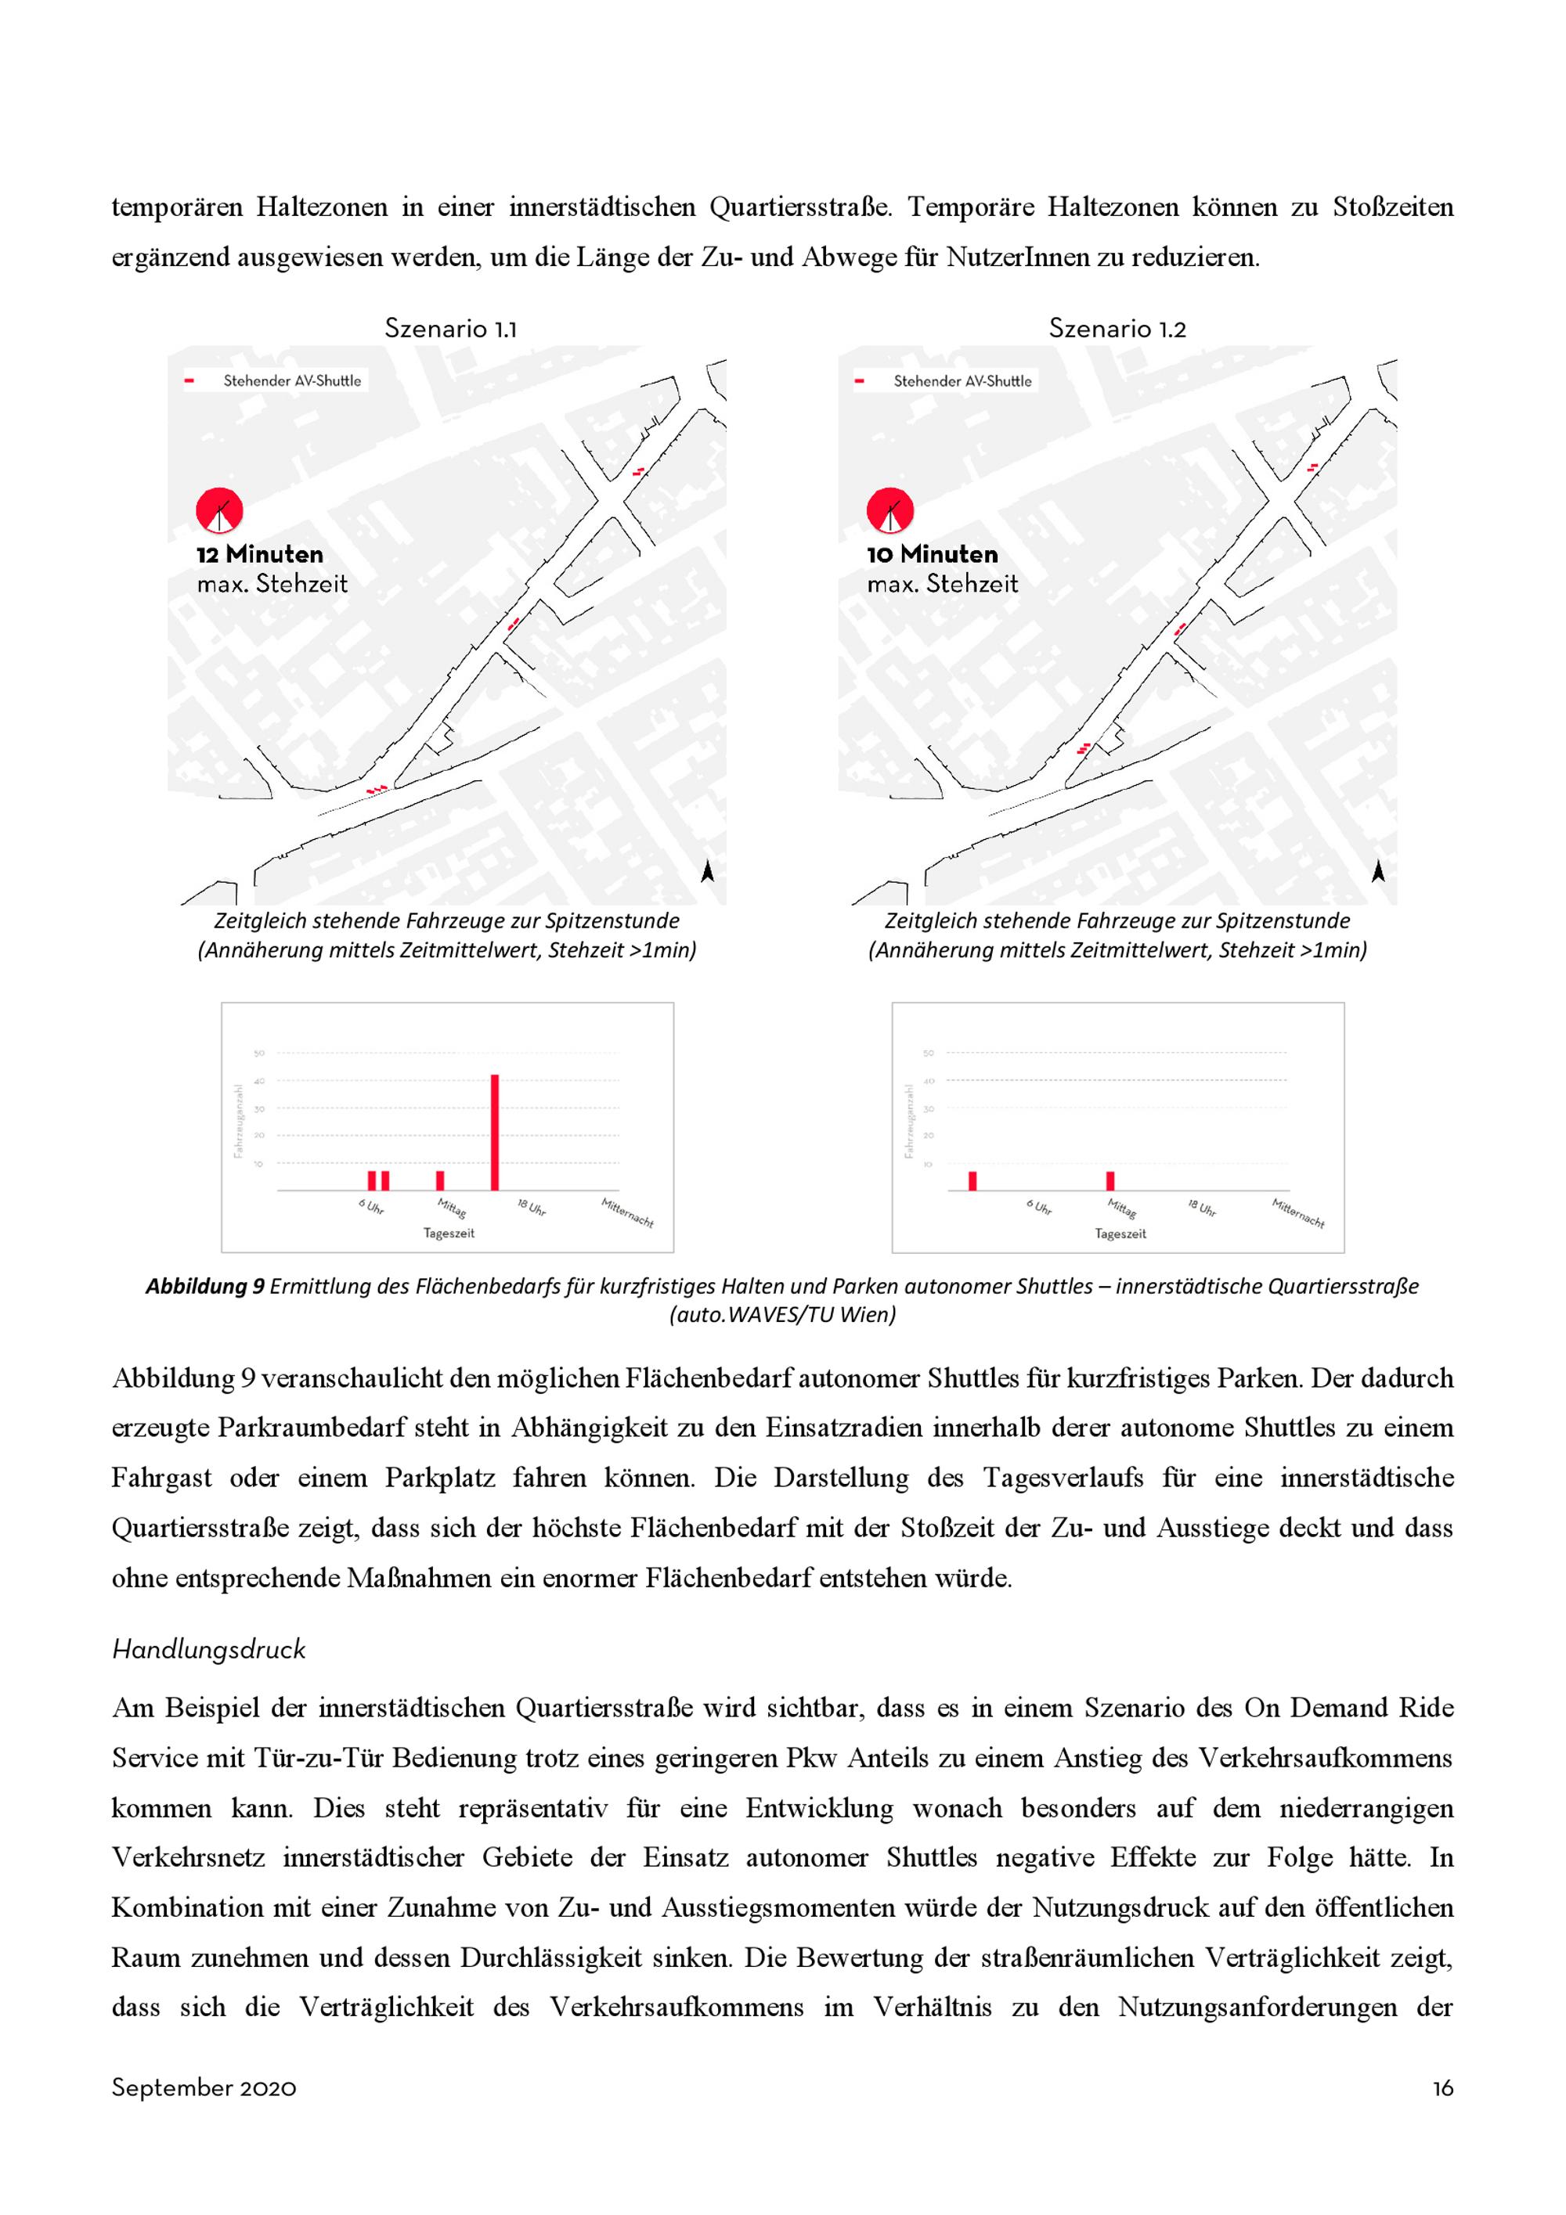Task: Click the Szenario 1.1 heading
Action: click(x=450, y=329)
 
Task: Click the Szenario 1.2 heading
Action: click(x=1117, y=329)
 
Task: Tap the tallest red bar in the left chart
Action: click(x=495, y=1133)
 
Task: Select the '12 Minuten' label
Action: click(x=259, y=555)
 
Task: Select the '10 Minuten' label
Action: click(x=931, y=555)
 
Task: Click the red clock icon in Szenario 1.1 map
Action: click(x=220, y=511)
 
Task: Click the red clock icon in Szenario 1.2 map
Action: click(x=889, y=511)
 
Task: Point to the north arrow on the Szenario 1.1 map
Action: click(x=707, y=871)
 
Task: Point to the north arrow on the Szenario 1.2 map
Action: click(x=1378, y=871)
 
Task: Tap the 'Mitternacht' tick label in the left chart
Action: click(x=627, y=1212)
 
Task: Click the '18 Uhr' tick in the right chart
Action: click(x=1201, y=1208)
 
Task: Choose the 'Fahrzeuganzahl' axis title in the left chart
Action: click(x=237, y=1121)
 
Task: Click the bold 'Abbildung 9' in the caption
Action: click(x=204, y=1286)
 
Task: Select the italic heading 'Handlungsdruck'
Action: click(x=208, y=1650)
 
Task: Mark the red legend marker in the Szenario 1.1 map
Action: click(x=189, y=381)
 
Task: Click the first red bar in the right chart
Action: click(x=972, y=1181)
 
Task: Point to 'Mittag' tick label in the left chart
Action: click(x=450, y=1208)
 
